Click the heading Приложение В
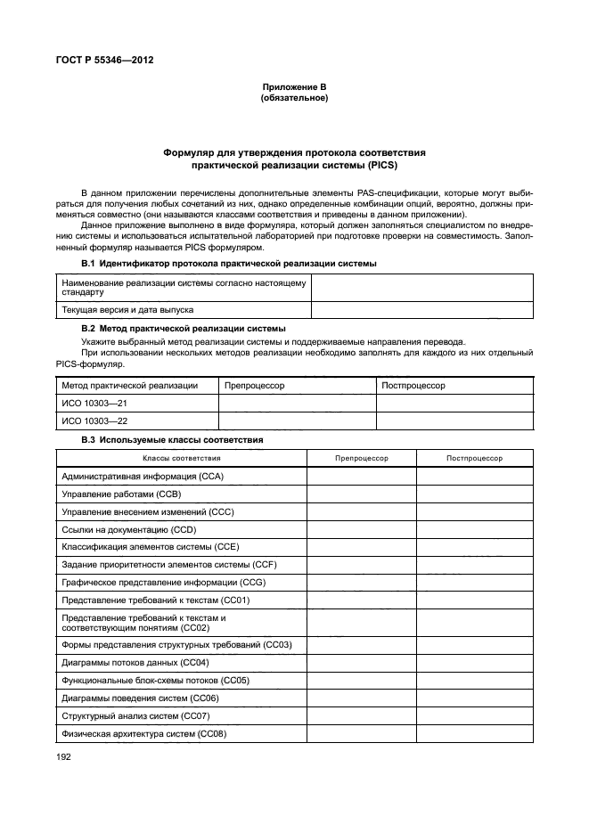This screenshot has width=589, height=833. [294, 86]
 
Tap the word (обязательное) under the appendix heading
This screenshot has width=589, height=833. [294, 97]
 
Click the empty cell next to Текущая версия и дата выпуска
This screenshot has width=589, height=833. [421, 309]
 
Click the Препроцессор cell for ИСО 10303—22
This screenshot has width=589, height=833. [297, 421]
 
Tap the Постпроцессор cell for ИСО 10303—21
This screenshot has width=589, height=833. [454, 404]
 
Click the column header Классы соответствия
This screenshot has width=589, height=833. [182, 458]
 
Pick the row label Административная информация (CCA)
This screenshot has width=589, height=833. [142, 477]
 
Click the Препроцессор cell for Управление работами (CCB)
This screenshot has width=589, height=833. [361, 494]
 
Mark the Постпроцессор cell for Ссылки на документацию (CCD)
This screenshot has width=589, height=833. [474, 528]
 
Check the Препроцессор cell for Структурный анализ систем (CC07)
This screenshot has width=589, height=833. [361, 715]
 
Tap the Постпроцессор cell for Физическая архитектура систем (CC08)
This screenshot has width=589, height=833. [474, 733]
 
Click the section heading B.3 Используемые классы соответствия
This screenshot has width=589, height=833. [172, 440]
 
